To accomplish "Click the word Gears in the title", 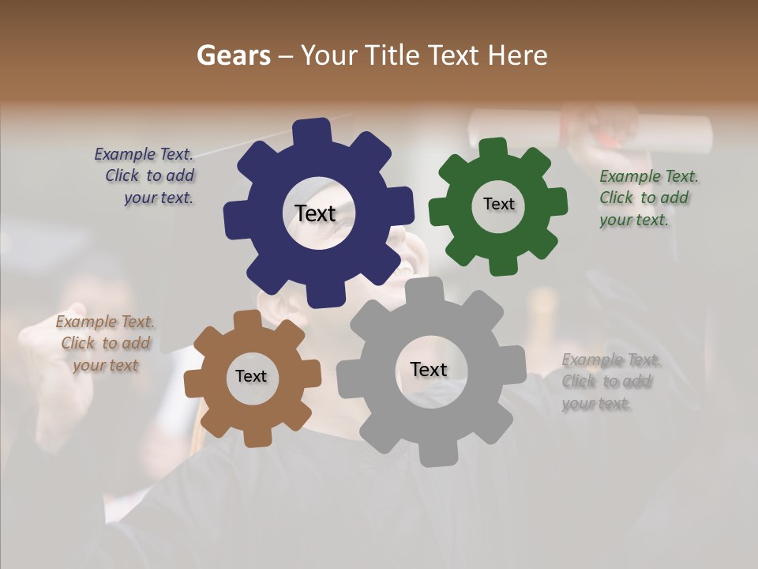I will [234, 55].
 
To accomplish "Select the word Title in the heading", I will [392, 55].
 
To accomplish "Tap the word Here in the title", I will [518, 55].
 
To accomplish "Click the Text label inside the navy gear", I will [315, 213].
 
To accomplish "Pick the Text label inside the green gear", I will [498, 204].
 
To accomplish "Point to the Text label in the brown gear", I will [251, 376].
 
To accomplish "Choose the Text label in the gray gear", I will [429, 369].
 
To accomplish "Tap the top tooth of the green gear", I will [493, 149].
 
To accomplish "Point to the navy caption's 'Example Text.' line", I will [144, 154].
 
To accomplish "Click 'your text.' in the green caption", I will [634, 220].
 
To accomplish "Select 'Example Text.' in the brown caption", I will [105, 322].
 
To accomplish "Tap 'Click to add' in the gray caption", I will [606, 382].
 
